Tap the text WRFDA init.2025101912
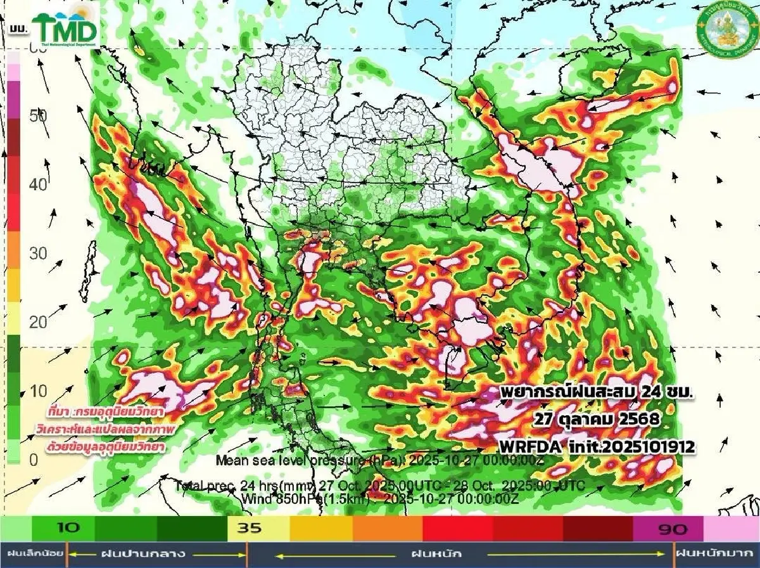tap(597, 446)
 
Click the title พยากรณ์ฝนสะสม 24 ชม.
tap(596, 392)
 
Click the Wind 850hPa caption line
tap(380, 498)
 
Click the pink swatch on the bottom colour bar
tap(731, 527)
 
